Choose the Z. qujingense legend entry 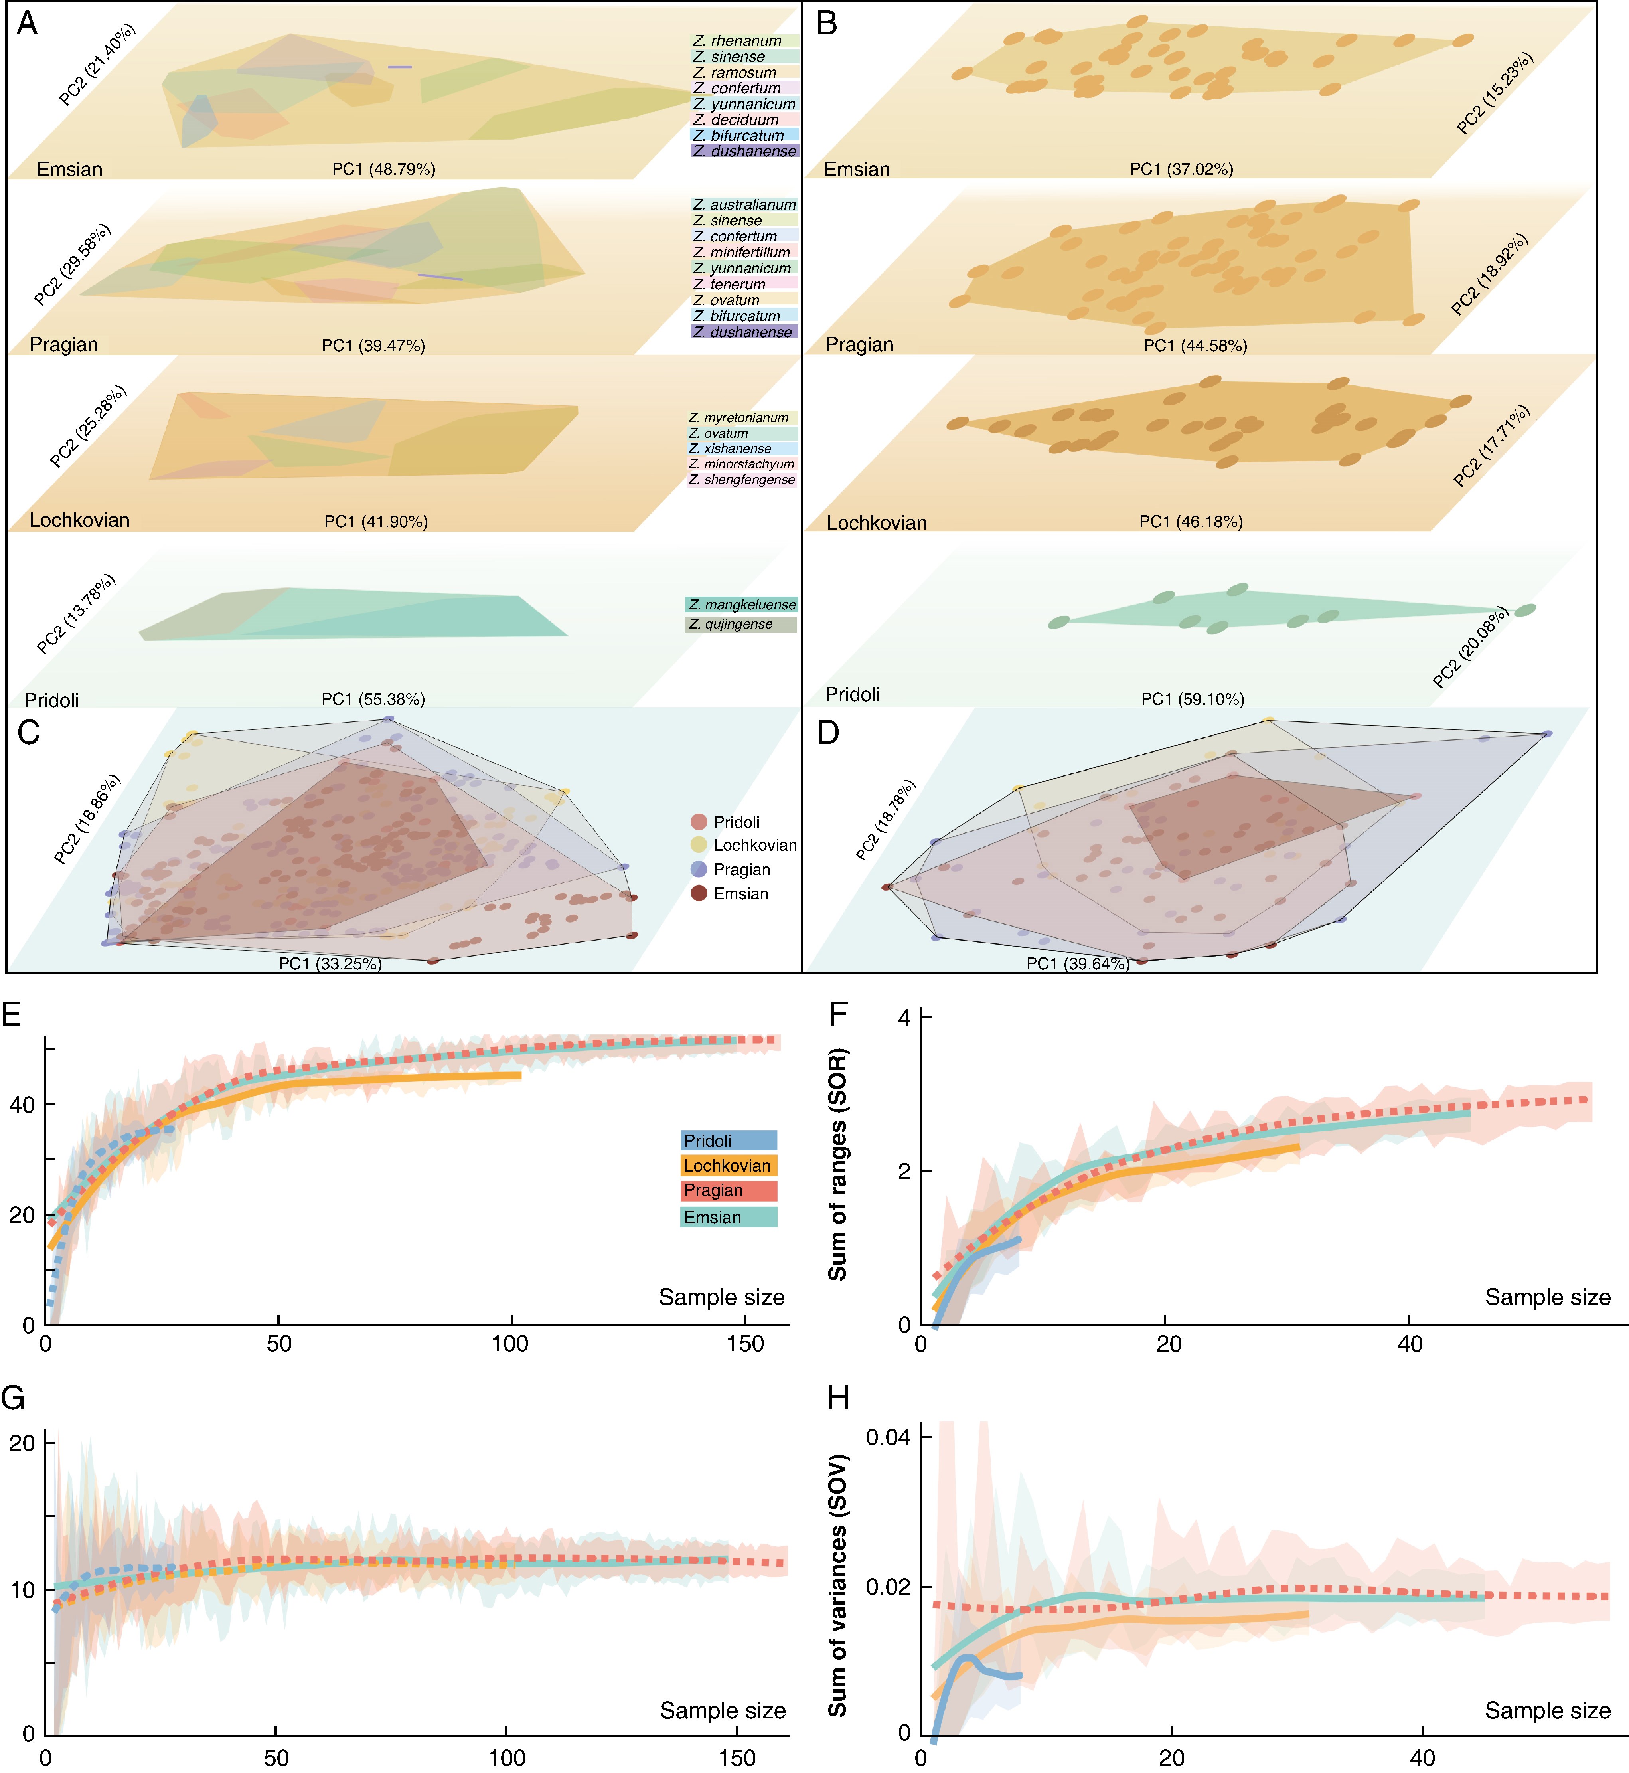pyautogui.click(x=740, y=624)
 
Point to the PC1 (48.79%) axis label pyautogui.click(x=383, y=169)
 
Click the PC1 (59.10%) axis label pyautogui.click(x=1193, y=699)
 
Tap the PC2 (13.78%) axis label pyautogui.click(x=76, y=615)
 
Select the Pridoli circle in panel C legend pyautogui.click(x=699, y=822)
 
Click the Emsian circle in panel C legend pyautogui.click(x=699, y=893)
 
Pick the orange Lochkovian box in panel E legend pyautogui.click(x=728, y=1166)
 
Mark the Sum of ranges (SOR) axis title pyautogui.click(x=837, y=1164)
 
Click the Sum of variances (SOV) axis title pyautogui.click(x=837, y=1584)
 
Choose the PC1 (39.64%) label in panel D pyautogui.click(x=1077, y=964)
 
